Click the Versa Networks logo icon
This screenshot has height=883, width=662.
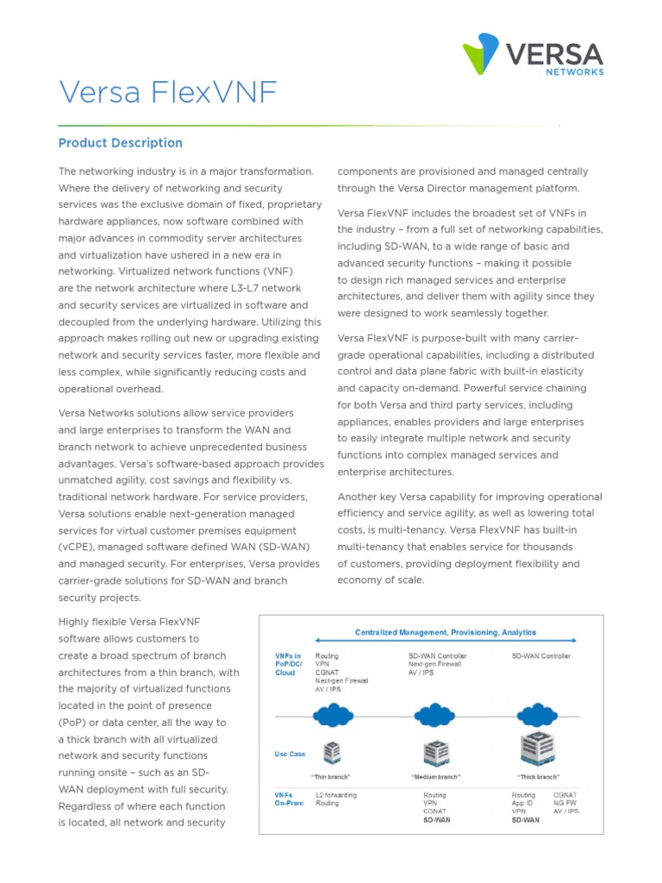(x=480, y=53)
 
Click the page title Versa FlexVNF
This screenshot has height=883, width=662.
(x=168, y=91)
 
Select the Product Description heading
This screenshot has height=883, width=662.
(x=120, y=143)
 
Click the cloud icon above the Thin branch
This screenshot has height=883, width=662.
(x=329, y=715)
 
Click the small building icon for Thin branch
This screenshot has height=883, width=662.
(x=329, y=754)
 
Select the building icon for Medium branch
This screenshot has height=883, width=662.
(x=435, y=754)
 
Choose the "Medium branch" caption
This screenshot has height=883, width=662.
(x=435, y=777)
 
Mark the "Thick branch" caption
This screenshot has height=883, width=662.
(x=537, y=777)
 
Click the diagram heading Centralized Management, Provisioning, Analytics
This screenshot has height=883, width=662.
(x=446, y=632)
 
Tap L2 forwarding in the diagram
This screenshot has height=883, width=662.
(x=336, y=794)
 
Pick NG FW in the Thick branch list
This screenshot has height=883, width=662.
(x=565, y=803)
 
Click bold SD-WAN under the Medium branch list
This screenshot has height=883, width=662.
(x=436, y=820)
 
